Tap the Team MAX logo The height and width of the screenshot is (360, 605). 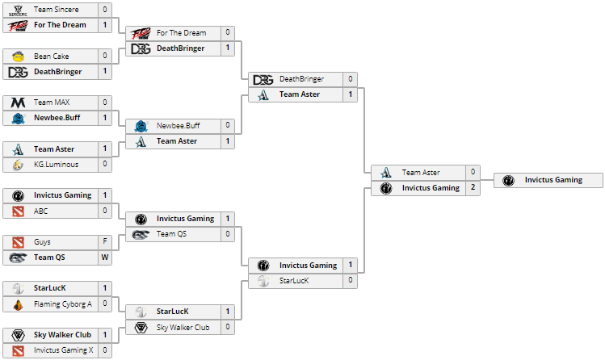tap(18, 103)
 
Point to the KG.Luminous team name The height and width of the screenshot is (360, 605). tap(57, 165)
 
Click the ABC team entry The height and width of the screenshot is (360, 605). tap(41, 211)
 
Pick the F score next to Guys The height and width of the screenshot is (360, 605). tap(105, 242)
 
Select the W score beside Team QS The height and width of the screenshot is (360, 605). tap(105, 257)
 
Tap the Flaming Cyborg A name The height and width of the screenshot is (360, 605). tap(63, 304)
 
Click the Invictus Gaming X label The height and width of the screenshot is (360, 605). tap(63, 350)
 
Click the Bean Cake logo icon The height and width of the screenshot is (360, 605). tap(18, 57)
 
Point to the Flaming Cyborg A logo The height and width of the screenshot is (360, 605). tap(18, 304)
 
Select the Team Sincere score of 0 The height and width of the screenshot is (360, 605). tap(105, 10)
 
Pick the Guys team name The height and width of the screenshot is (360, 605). tap(42, 242)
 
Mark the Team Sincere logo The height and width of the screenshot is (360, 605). tap(18, 10)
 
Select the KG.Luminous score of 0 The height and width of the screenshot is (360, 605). tap(105, 165)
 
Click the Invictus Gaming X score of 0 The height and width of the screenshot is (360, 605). tap(105, 350)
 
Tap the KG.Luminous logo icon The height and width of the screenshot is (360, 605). tap(18, 165)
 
